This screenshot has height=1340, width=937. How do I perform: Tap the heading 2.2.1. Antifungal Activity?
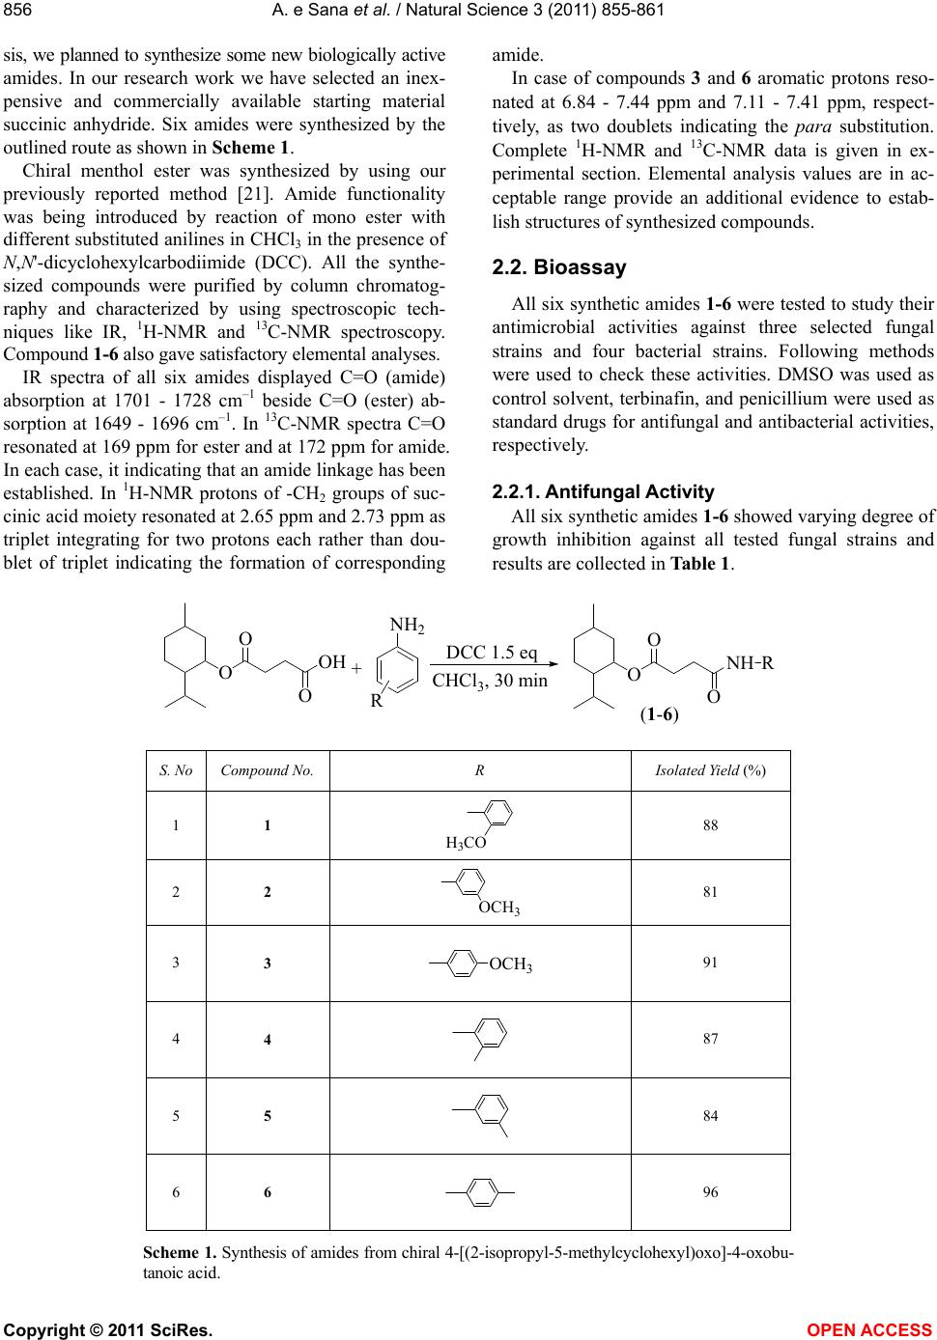(x=603, y=491)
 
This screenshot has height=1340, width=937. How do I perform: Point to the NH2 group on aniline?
(x=408, y=625)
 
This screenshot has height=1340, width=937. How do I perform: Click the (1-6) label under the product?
(x=659, y=715)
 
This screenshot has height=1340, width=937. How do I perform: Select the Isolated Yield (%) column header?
(x=710, y=771)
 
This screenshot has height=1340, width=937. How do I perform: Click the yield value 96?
(x=710, y=1192)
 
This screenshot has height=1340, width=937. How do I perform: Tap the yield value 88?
(x=710, y=825)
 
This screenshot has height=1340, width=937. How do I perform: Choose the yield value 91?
(x=710, y=962)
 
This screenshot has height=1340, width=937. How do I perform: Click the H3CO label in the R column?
(x=465, y=843)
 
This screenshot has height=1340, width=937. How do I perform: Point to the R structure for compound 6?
(x=479, y=1192)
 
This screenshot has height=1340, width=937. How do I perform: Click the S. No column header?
(x=176, y=771)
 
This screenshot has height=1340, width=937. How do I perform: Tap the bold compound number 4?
(x=268, y=1040)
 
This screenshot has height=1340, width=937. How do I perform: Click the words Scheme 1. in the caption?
(x=180, y=1253)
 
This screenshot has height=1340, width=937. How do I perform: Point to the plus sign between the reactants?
(x=355, y=668)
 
